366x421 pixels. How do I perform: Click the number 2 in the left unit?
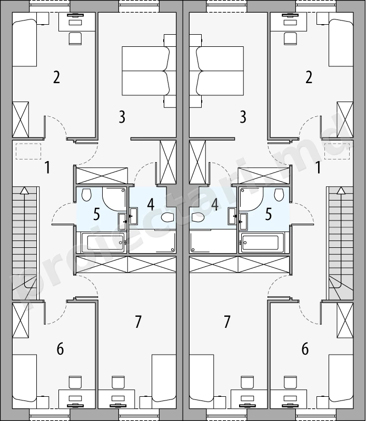(56, 77)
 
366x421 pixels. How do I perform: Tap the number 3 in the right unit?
(243, 117)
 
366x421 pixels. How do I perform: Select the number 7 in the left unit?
(138, 322)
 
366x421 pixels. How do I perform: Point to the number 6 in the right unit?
(305, 349)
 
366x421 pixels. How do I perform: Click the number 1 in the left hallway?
(47, 167)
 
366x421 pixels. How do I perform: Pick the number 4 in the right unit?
(215, 204)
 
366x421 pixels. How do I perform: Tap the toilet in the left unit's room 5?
(86, 195)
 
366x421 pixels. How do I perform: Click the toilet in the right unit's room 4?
(198, 217)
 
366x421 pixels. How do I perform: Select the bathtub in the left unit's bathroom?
(103, 243)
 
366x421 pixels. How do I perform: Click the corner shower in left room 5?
(114, 199)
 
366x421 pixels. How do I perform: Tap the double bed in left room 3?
(146, 71)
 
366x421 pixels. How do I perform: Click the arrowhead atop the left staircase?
(24, 191)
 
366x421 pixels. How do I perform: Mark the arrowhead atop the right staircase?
(341, 191)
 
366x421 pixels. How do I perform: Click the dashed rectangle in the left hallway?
(28, 152)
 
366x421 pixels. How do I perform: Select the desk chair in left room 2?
(75, 38)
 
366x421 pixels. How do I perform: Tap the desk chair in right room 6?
(290, 382)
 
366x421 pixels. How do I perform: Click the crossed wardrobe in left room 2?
(21, 119)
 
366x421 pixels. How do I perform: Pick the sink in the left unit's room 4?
(134, 216)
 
